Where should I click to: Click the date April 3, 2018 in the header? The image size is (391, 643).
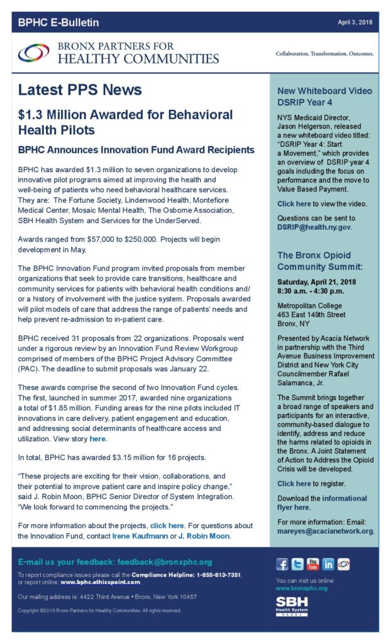[x=355, y=23]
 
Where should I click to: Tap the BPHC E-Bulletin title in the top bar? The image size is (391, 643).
[x=58, y=23]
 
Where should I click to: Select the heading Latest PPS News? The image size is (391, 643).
[x=79, y=90]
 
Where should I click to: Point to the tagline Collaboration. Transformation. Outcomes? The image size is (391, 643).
[x=324, y=53]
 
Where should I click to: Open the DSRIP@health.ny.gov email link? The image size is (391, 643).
[x=314, y=227]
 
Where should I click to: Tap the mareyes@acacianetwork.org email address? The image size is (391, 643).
[x=325, y=531]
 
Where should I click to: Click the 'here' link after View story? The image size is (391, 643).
[x=97, y=438]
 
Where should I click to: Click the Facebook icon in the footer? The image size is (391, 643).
[x=282, y=565]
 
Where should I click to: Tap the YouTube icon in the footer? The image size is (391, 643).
[x=312, y=565]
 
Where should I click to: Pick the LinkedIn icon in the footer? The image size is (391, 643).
[x=328, y=565]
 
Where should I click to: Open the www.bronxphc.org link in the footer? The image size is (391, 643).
[x=302, y=588]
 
